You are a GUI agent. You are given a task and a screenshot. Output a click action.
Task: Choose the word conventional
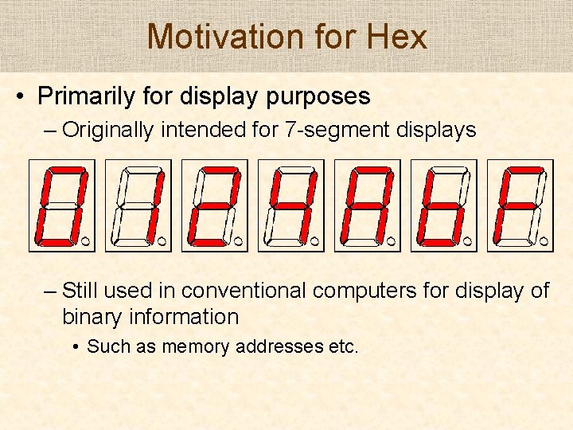point(239,291)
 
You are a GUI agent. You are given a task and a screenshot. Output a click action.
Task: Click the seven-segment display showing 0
point(60,205)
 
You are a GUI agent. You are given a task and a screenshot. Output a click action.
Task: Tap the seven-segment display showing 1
point(137,205)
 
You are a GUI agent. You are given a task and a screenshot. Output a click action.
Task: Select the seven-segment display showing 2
point(213,205)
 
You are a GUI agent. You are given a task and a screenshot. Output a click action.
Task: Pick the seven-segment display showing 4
point(290,205)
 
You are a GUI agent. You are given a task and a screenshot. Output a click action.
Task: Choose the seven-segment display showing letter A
point(366,205)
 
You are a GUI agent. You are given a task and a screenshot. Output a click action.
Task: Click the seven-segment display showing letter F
point(519,205)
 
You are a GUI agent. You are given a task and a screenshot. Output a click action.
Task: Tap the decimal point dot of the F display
point(544,239)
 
